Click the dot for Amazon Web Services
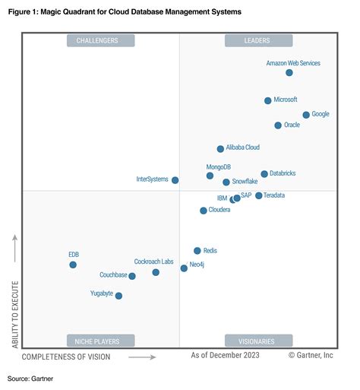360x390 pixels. pyautogui.click(x=289, y=72)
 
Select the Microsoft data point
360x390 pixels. pyautogui.click(x=268, y=100)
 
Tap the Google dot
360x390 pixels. pyautogui.click(x=306, y=115)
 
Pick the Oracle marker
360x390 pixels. pyautogui.click(x=278, y=125)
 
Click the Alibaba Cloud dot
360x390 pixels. pyautogui.click(x=220, y=149)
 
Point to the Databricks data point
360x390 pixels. pyautogui.click(x=264, y=174)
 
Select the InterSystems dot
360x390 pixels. pyautogui.click(x=175, y=180)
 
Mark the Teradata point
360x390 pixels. pyautogui.click(x=258, y=195)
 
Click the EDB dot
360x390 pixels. pyautogui.click(x=73, y=265)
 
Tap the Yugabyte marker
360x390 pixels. pyautogui.click(x=118, y=296)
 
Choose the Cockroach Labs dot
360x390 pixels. pyautogui.click(x=156, y=272)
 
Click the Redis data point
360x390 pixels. pyautogui.click(x=197, y=250)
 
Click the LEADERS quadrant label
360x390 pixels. pyautogui.click(x=258, y=40)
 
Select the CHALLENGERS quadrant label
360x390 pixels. pyautogui.click(x=100, y=40)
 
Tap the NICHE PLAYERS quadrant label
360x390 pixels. pyautogui.click(x=100, y=341)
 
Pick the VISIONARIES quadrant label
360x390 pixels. pyautogui.click(x=258, y=341)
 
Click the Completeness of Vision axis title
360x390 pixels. pyautogui.click(x=66, y=356)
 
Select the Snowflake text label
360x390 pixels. pyautogui.click(x=245, y=182)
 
